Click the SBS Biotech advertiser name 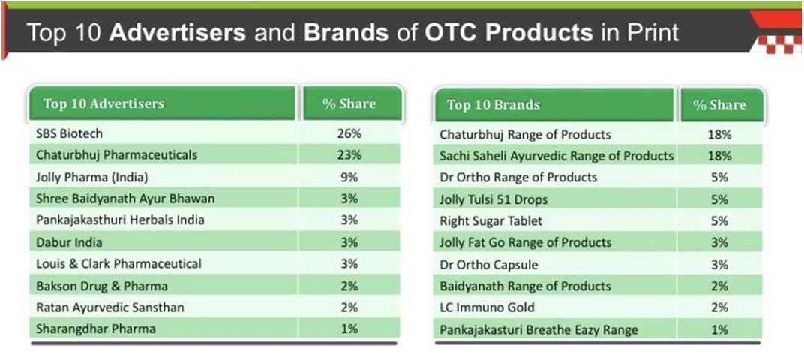point(69,133)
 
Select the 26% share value point(349,133)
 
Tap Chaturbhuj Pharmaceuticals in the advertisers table point(116,154)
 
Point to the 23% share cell point(349,154)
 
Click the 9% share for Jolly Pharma point(349,178)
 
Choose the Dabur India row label point(69,242)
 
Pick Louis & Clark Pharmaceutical point(118,263)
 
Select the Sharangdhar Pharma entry point(96,328)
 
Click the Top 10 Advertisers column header point(103,103)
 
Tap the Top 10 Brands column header point(493,104)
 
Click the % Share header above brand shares point(719,104)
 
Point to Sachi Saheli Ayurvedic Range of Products point(556,156)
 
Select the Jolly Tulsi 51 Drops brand point(493,199)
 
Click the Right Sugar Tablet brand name point(490,221)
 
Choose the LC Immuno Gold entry point(487,307)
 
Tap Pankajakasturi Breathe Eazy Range point(538,329)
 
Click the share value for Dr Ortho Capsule point(719,265)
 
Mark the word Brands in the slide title point(345,33)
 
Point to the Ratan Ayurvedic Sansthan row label point(109,307)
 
